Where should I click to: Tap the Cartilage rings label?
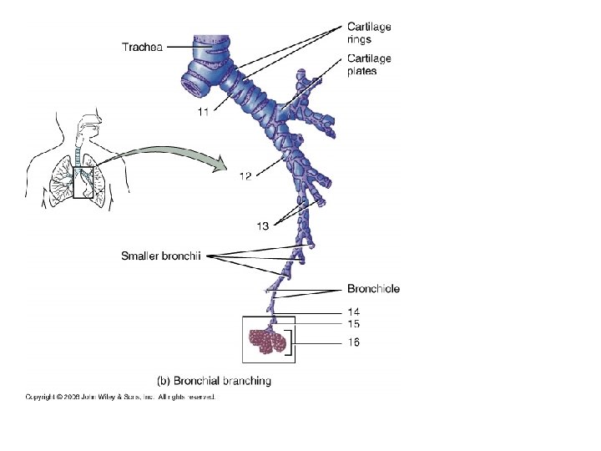click(x=369, y=32)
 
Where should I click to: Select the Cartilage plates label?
click(x=369, y=64)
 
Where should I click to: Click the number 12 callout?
click(x=245, y=175)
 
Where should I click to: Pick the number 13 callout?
click(x=264, y=225)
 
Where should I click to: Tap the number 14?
click(x=354, y=312)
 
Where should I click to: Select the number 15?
click(x=354, y=323)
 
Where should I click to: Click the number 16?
click(x=354, y=342)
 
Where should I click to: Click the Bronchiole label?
click(x=373, y=289)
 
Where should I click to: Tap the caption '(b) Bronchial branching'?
click(x=215, y=381)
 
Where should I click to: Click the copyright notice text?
click(x=120, y=397)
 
